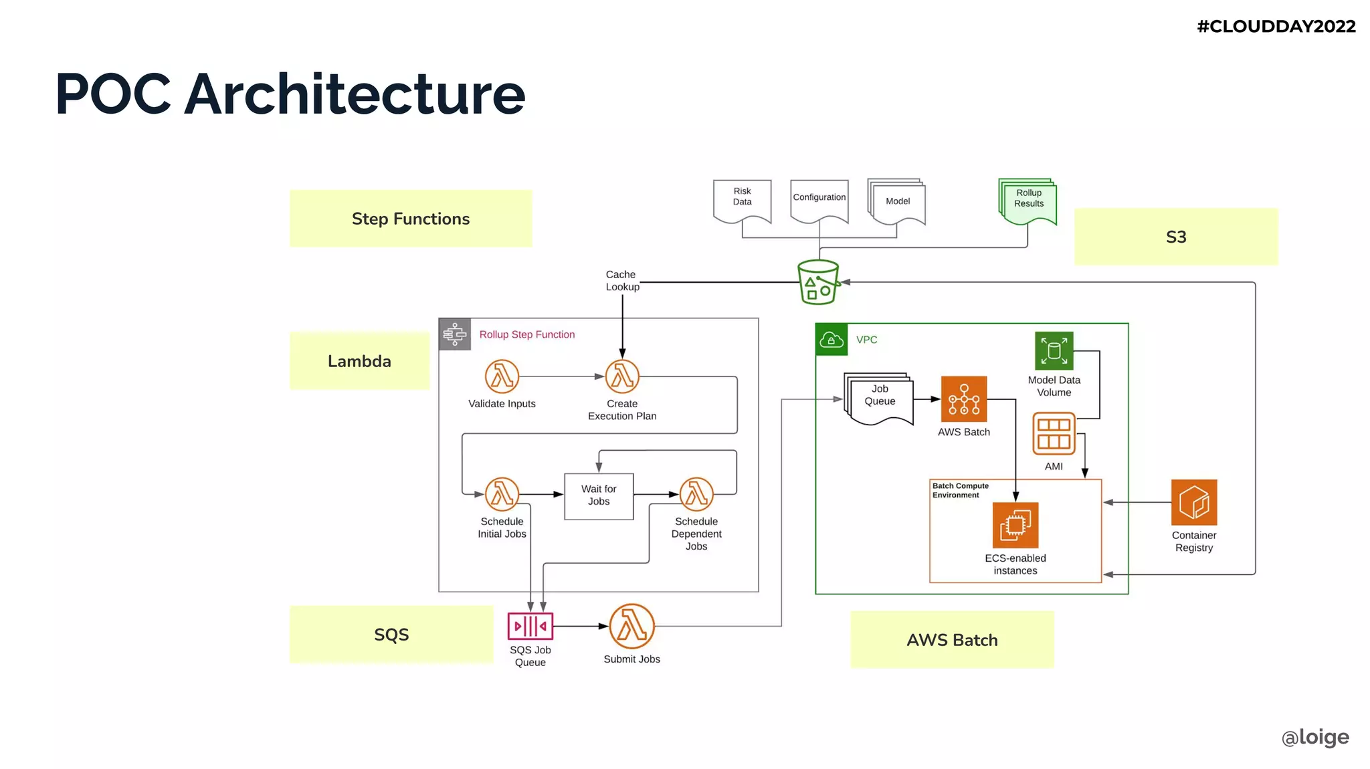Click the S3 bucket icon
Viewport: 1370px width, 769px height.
click(x=818, y=282)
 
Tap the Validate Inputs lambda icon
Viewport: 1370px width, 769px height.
click(x=502, y=376)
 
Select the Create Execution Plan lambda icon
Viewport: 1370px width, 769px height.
click(x=622, y=376)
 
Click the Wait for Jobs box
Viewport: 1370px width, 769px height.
click(x=599, y=496)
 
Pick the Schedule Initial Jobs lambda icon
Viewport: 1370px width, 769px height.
click(x=502, y=495)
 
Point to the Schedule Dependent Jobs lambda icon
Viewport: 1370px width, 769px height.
click(x=696, y=495)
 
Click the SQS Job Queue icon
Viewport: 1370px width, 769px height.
click(x=530, y=627)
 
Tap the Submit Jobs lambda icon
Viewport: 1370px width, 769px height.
click(x=631, y=627)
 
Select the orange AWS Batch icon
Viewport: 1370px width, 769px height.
click(x=964, y=399)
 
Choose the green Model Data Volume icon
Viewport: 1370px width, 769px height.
click(x=1054, y=351)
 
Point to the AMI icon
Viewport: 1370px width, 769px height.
click(x=1054, y=434)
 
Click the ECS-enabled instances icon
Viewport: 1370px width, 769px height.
click(x=1015, y=526)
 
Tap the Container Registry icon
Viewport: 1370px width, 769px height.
click(x=1194, y=502)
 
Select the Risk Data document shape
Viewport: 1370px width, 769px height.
click(x=742, y=199)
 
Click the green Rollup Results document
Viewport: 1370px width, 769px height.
click(x=1028, y=201)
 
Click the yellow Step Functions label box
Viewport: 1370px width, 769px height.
click(x=411, y=219)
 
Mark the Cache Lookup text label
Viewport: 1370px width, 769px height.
click(x=622, y=281)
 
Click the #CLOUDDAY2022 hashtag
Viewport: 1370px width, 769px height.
click(x=1276, y=27)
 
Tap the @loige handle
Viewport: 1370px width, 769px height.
click(x=1315, y=737)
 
